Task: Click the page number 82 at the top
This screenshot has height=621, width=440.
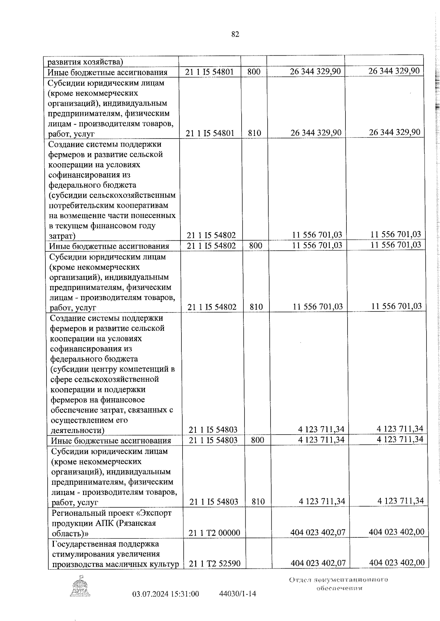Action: pos(235,34)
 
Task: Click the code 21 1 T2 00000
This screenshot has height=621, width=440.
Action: pos(214,533)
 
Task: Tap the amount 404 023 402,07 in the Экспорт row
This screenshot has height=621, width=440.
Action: pos(318,532)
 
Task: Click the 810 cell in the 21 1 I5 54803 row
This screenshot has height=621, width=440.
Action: pos(258,501)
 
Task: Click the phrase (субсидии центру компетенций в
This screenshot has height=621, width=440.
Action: pos(113,369)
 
